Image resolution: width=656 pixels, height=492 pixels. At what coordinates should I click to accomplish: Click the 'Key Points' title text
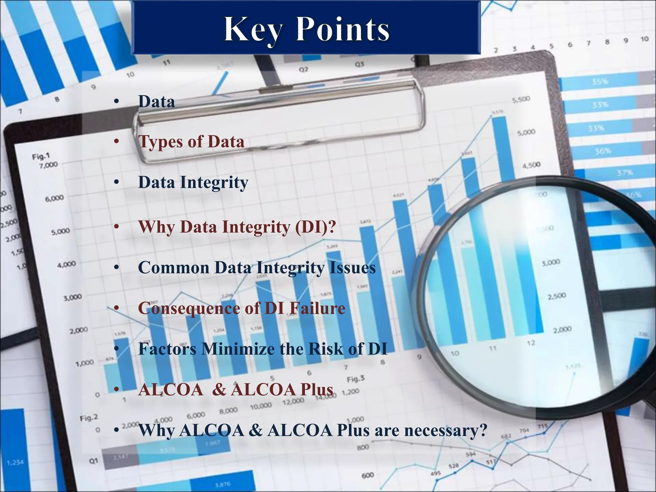pos(307,29)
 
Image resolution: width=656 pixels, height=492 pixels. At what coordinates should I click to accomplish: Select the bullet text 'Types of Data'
pos(191,142)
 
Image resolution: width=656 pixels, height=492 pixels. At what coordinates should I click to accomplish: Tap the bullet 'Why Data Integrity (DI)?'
pos(237,227)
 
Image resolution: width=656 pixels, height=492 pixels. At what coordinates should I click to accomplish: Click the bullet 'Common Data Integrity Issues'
pos(257,267)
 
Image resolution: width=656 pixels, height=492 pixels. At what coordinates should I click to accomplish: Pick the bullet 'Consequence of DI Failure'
pos(242,308)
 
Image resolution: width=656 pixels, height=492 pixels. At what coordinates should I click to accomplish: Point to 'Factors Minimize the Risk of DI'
pos(262,349)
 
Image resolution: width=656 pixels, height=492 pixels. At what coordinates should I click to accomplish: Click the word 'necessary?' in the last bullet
pos(446,430)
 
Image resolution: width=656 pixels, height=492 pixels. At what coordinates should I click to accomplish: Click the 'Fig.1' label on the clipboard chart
pos(41,157)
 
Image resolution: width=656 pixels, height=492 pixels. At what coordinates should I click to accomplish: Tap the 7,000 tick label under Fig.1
pos(48,165)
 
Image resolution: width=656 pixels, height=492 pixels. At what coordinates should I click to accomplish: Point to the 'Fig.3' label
pos(356,379)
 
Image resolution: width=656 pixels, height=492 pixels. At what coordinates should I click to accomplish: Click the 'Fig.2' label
pos(89,418)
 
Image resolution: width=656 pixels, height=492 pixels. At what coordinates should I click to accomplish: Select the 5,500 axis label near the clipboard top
pos(521,100)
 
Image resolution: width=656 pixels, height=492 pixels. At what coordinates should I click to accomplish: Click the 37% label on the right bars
pos(625,173)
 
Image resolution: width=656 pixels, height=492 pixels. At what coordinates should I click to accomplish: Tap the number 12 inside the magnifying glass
pos(531,343)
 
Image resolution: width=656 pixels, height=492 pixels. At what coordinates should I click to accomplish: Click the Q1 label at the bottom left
pos(93,461)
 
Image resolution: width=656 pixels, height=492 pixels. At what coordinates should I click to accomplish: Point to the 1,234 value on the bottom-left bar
pos(15,462)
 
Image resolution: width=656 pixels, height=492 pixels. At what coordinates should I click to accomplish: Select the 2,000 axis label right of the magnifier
pos(562,330)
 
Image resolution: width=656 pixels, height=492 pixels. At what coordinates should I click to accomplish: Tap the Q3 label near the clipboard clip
pos(359,64)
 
